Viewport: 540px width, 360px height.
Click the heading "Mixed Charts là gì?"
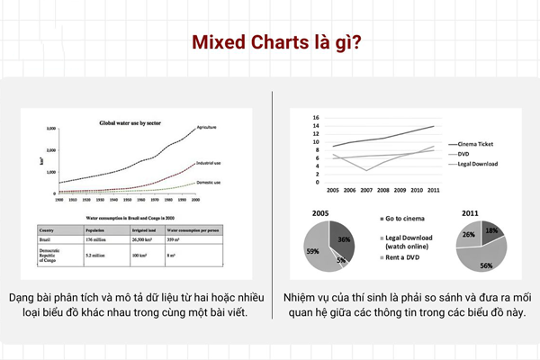coord(270,44)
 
